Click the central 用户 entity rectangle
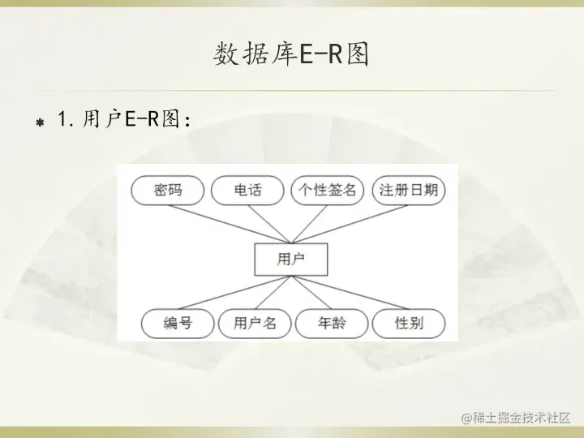coord(290,260)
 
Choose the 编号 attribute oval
coord(178,324)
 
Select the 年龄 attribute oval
coord(332,324)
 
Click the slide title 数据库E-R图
coord(291,54)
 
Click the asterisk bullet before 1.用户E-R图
coord(38,122)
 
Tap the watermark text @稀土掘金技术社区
coord(516,418)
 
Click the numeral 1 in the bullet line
coord(63,120)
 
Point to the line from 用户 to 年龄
coord(311,294)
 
